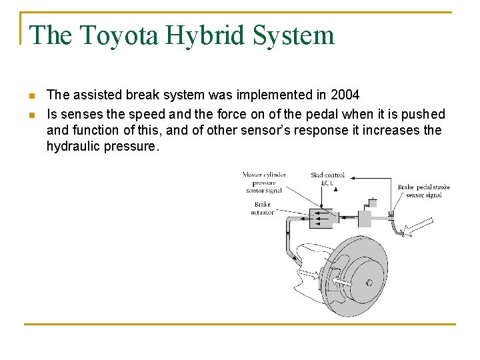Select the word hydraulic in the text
pyautogui.click(x=73, y=147)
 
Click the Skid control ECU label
pyautogui.click(x=327, y=179)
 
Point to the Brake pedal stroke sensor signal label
pyautogui.click(x=423, y=191)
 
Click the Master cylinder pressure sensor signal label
pyautogui.click(x=264, y=182)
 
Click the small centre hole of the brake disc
pyautogui.click(x=369, y=283)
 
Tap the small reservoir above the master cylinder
pyautogui.click(x=372, y=202)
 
